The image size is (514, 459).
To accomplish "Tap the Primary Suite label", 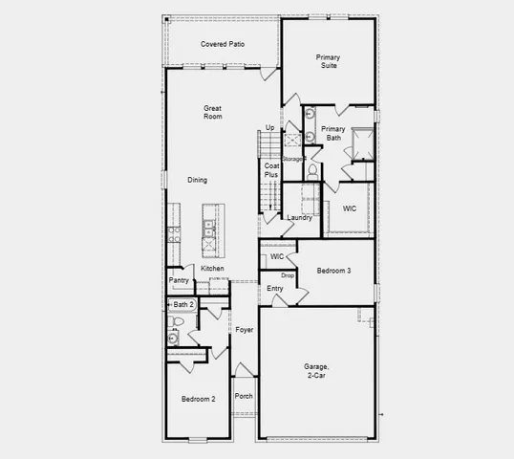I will (329, 62).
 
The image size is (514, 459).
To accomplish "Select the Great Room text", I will (212, 112).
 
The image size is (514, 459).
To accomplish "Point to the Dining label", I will (197, 180).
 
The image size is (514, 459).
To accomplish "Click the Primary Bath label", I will (332, 133).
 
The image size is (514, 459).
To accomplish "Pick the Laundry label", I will (300, 218).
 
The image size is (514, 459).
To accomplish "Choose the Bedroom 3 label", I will (333, 271).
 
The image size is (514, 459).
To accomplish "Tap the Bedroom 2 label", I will (199, 398).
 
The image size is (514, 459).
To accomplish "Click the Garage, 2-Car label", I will (316, 371).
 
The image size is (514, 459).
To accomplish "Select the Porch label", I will (244, 396).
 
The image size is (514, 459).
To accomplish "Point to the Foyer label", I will (245, 330).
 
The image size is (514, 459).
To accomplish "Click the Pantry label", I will (179, 280).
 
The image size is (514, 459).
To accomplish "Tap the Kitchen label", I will (212, 269).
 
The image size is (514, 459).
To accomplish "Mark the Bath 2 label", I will (183, 304).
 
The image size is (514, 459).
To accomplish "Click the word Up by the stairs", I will (269, 127).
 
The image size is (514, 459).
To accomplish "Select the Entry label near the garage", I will (275, 288).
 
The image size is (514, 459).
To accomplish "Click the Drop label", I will (287, 275).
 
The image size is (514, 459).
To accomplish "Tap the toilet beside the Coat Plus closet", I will (311, 172).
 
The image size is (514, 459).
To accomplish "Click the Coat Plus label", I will (271, 170).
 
